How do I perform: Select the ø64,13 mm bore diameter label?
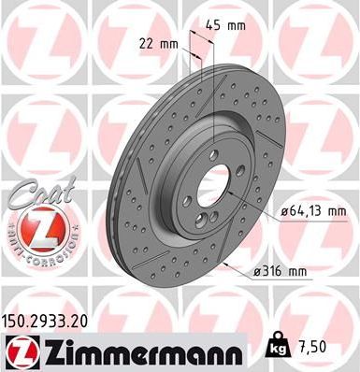(x=313, y=212)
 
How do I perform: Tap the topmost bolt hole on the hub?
(x=214, y=155)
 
